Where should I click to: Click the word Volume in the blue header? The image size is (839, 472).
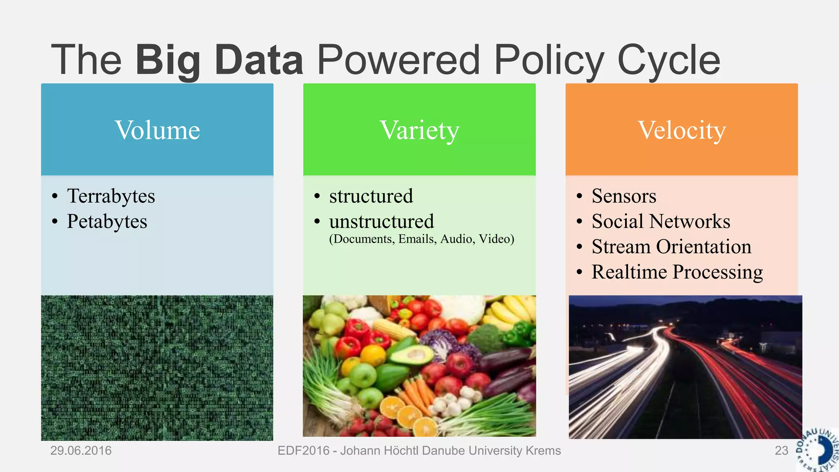[x=157, y=130]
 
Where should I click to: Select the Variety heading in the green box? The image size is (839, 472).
[x=419, y=130]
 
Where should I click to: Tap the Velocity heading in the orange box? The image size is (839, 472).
[x=682, y=130]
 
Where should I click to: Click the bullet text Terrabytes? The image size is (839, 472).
[x=111, y=196]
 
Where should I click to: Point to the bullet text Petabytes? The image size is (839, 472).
[x=107, y=221]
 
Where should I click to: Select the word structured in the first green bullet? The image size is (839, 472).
[x=371, y=196]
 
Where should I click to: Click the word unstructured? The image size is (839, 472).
[x=381, y=221]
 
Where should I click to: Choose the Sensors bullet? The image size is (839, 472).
[x=624, y=196]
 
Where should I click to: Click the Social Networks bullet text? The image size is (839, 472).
[x=661, y=221]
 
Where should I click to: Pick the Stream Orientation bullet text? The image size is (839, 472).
[x=671, y=247]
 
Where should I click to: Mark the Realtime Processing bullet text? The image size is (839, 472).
[x=677, y=272]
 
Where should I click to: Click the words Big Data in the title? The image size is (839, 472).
[x=220, y=60]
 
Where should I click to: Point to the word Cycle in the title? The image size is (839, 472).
[x=669, y=60]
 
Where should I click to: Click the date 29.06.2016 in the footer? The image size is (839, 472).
[x=81, y=451]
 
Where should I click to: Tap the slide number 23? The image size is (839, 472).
[x=781, y=451]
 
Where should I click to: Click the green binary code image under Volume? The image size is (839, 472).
[x=157, y=368]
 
